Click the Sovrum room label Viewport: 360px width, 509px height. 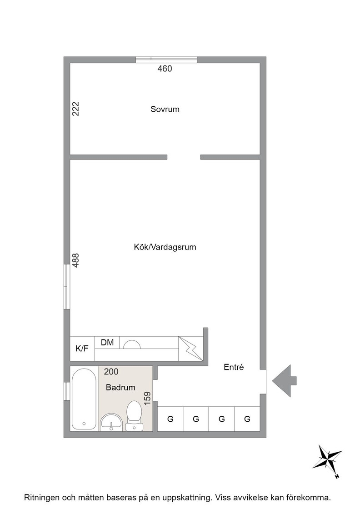coord(165,109)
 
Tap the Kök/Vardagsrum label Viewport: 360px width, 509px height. coord(165,247)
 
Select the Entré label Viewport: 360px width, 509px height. coord(234,367)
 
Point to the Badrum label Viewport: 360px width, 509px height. coord(120,387)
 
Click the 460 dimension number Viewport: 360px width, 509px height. coord(165,69)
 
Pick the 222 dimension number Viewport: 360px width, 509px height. coord(75,109)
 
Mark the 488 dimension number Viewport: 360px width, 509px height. coord(75,260)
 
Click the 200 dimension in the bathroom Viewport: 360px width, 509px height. coord(111,372)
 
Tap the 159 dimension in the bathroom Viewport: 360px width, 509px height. coord(147,398)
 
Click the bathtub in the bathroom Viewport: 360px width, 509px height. coord(84,399)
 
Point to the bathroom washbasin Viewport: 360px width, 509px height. coord(111,422)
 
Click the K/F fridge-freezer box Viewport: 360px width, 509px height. coord(82,348)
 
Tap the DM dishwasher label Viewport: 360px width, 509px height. coord(107,342)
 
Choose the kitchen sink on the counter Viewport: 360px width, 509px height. coord(132,344)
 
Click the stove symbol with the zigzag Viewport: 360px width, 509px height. coord(191,348)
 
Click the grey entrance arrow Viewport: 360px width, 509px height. coord(284,381)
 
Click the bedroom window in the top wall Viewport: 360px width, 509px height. coord(166,60)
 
